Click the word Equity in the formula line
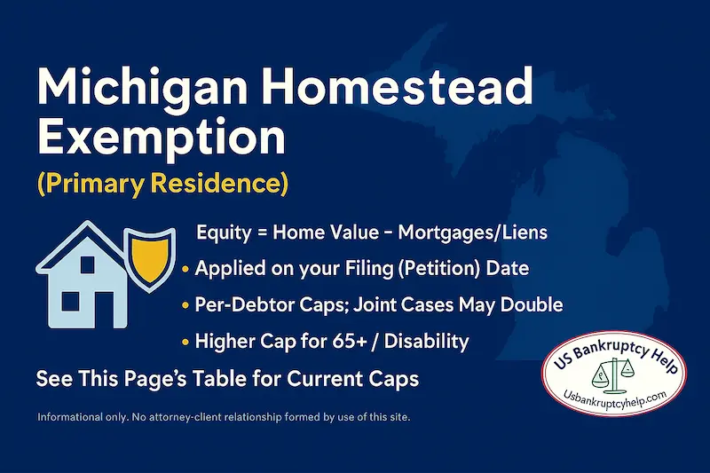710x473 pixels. (222, 233)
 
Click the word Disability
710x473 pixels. (430, 341)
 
